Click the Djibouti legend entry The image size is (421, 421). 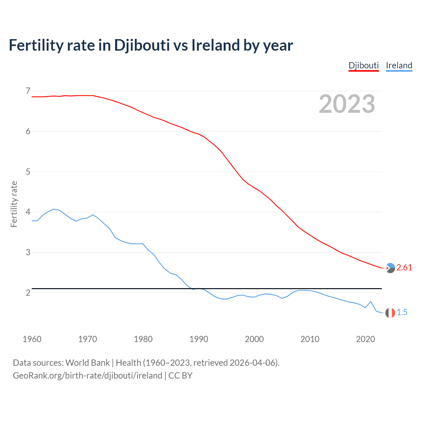(363, 65)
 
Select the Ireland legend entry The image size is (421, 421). (399, 65)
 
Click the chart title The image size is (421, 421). (151, 45)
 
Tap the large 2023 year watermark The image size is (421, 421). (347, 104)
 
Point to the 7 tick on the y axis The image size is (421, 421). (28, 91)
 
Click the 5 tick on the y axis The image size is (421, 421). (28, 172)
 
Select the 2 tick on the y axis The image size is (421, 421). (28, 293)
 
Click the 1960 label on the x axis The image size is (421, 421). (32, 339)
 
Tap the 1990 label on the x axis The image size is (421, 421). (199, 339)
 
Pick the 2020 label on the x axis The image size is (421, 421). (365, 339)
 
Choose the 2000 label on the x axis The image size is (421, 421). (254, 339)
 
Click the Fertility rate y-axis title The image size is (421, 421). (14, 204)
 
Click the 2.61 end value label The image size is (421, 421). (404, 268)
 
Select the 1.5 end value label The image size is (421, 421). (402, 312)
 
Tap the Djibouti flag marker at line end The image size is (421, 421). (390, 268)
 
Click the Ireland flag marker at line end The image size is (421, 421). (390, 313)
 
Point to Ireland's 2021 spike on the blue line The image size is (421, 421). (371, 302)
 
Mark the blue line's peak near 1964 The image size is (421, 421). (54, 209)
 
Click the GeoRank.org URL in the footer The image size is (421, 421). (87, 376)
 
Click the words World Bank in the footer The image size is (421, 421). (87, 363)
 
